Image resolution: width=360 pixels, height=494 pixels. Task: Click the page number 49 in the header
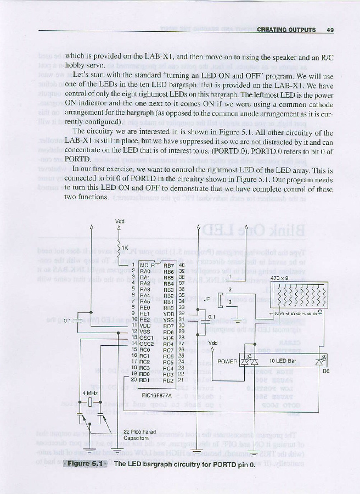[330, 30]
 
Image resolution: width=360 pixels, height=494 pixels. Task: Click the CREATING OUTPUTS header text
[286, 30]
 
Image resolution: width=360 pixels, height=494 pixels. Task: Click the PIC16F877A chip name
[156, 395]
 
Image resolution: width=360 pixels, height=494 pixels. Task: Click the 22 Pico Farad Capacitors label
[137, 435]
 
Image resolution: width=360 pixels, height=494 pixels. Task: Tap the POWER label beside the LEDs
[227, 362]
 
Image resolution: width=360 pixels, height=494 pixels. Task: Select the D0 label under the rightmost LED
[325, 372]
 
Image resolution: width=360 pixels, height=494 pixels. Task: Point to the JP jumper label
[207, 300]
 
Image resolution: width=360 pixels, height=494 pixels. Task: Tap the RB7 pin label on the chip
[169, 265]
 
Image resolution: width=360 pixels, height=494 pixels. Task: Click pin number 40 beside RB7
[182, 265]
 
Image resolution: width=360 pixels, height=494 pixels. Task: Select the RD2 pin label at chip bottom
[169, 380]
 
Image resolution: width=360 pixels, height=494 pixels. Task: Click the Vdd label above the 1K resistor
[120, 222]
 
